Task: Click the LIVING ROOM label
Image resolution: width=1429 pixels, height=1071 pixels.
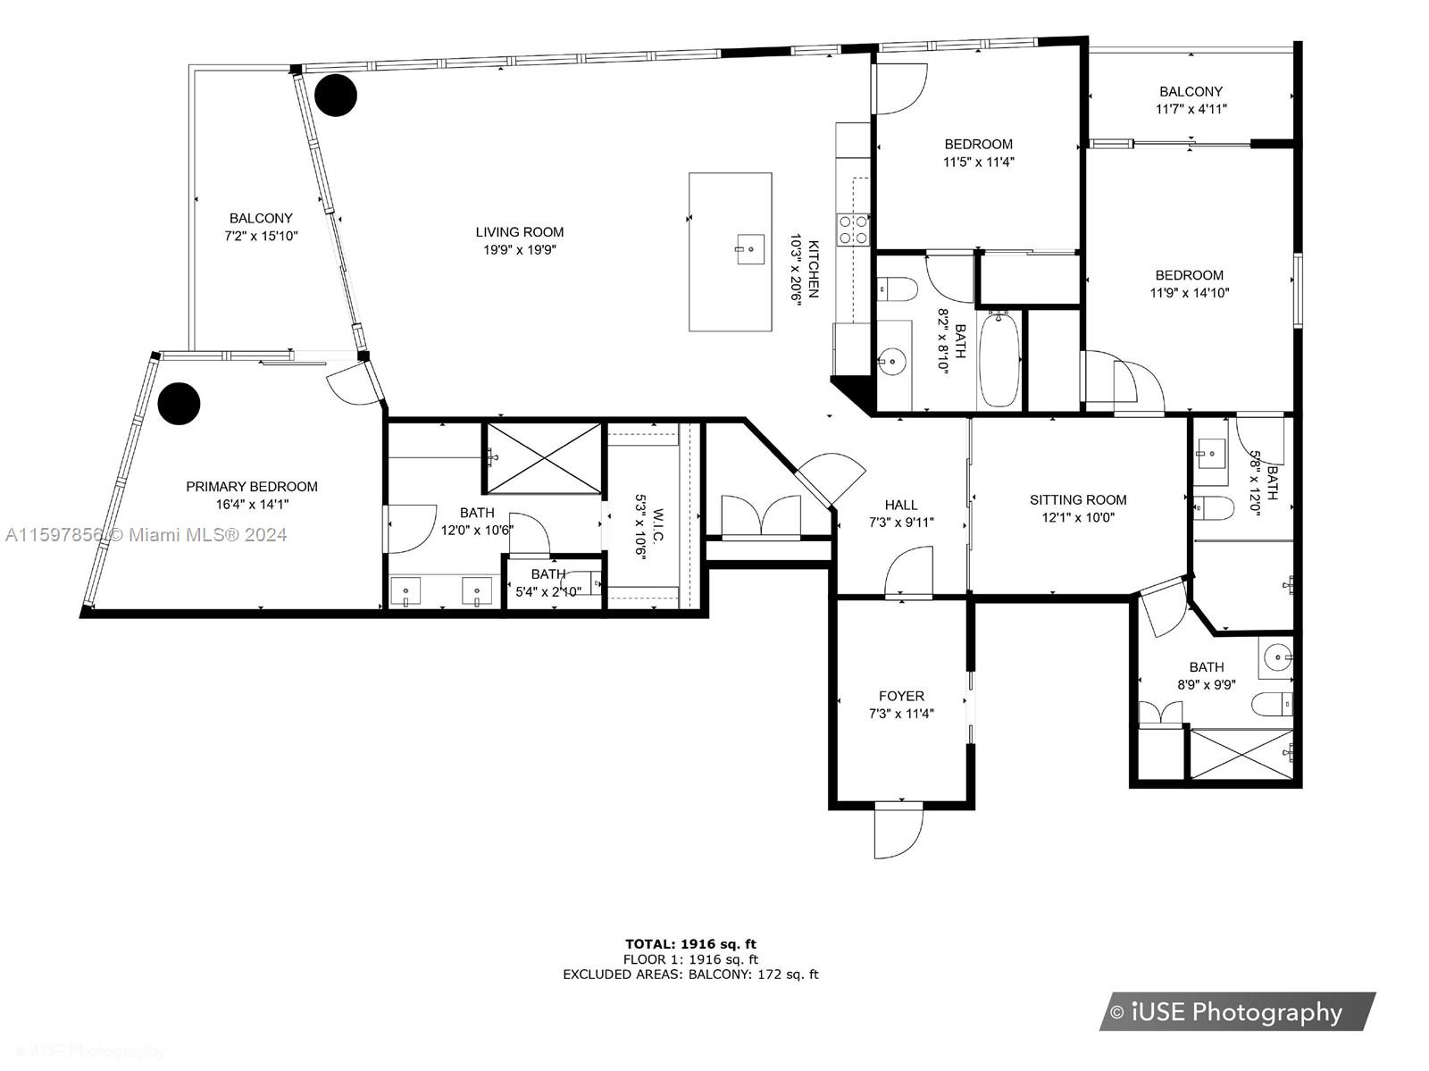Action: (x=519, y=231)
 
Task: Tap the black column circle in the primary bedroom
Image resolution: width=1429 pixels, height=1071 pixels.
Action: (x=179, y=404)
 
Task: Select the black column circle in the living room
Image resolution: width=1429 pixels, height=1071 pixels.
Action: (x=335, y=95)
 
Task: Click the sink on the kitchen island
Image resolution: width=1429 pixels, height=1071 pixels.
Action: (x=750, y=249)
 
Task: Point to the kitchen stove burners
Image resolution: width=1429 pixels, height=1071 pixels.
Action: (x=853, y=230)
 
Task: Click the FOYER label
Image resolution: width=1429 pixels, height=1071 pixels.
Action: (x=901, y=696)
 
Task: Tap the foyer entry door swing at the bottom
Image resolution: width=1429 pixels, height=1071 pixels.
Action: (x=898, y=833)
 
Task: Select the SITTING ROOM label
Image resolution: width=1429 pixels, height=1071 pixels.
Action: (x=1077, y=500)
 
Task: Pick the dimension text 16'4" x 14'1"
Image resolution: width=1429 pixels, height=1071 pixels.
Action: (x=252, y=504)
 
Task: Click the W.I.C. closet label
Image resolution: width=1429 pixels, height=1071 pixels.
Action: (x=658, y=525)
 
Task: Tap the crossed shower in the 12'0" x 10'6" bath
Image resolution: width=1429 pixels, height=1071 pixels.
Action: (x=544, y=458)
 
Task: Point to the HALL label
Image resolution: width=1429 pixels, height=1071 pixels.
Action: (x=901, y=505)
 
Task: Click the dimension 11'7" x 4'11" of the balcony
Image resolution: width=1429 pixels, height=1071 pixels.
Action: (x=1191, y=109)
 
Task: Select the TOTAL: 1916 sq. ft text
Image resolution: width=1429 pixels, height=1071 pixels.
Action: (x=690, y=943)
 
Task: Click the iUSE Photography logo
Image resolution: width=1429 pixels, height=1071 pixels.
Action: (x=1237, y=1012)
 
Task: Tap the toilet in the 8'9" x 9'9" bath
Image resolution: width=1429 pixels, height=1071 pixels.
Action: (x=1272, y=704)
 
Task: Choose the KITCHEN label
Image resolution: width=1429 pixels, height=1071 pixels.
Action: (x=814, y=269)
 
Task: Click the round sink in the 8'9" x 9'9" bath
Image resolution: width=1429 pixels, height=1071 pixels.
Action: (x=1277, y=657)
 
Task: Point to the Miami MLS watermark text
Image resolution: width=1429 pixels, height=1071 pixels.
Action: (x=146, y=534)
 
